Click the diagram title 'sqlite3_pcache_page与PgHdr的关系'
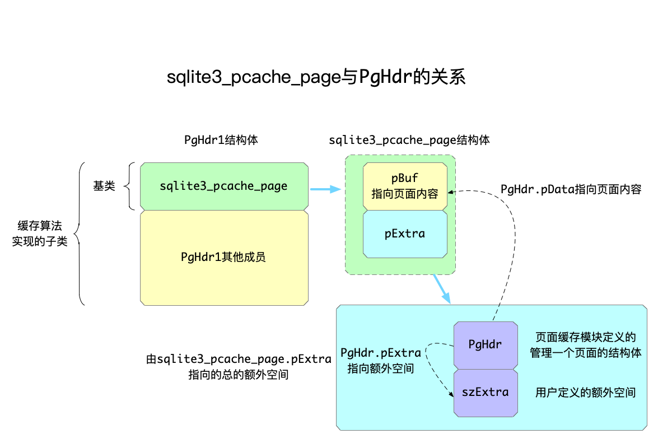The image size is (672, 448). (x=316, y=77)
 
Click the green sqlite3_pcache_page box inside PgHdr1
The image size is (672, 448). (x=224, y=186)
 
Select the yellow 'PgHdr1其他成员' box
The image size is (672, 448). (x=224, y=258)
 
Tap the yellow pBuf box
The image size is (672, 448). (x=405, y=186)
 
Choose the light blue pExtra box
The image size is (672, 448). (x=405, y=234)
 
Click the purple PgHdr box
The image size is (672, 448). (x=485, y=345)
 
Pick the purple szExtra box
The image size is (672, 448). (x=485, y=392)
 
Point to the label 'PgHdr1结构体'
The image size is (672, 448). (x=221, y=140)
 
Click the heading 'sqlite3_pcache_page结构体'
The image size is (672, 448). (x=409, y=140)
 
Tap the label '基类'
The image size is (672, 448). (x=104, y=186)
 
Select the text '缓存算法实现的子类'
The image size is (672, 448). (x=40, y=234)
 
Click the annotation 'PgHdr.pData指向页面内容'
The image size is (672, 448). (x=571, y=189)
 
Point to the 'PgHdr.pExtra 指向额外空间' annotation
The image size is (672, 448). (x=381, y=361)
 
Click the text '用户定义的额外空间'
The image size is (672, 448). (x=585, y=392)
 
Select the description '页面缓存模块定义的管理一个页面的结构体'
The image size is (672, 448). (x=585, y=345)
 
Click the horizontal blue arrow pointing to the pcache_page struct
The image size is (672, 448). (x=325, y=189)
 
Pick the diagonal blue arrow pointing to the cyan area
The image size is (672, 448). (x=441, y=288)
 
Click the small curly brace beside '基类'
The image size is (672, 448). (x=128, y=186)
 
